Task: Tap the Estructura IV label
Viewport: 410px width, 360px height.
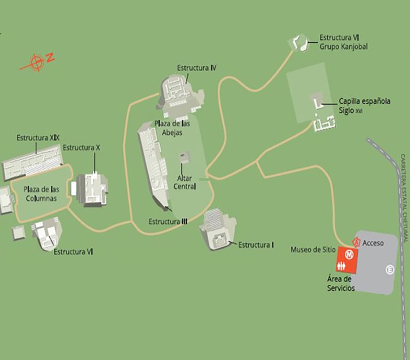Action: tap(196, 68)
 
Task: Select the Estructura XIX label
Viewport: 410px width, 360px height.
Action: tap(38, 138)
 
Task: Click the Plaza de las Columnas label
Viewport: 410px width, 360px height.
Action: tap(41, 193)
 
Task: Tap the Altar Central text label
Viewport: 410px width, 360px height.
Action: tap(185, 182)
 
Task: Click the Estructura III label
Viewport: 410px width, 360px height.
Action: tap(168, 221)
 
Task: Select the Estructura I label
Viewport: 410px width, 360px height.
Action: tap(256, 245)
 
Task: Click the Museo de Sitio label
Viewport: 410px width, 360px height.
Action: tap(313, 249)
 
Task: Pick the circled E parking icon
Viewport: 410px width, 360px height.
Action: tap(390, 270)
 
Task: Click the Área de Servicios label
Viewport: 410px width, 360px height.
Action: tap(341, 283)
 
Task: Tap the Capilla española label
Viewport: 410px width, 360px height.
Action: tap(365, 101)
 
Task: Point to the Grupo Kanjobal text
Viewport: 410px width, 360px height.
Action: tap(344, 46)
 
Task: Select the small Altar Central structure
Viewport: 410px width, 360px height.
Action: tap(185, 157)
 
